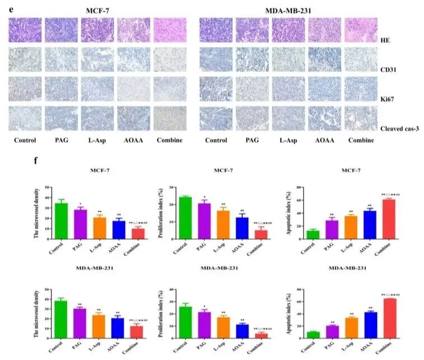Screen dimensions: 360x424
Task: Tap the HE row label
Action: coord(385,41)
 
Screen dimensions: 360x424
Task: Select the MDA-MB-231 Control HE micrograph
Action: coord(216,30)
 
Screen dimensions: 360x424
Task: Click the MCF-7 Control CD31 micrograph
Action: coord(25,59)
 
